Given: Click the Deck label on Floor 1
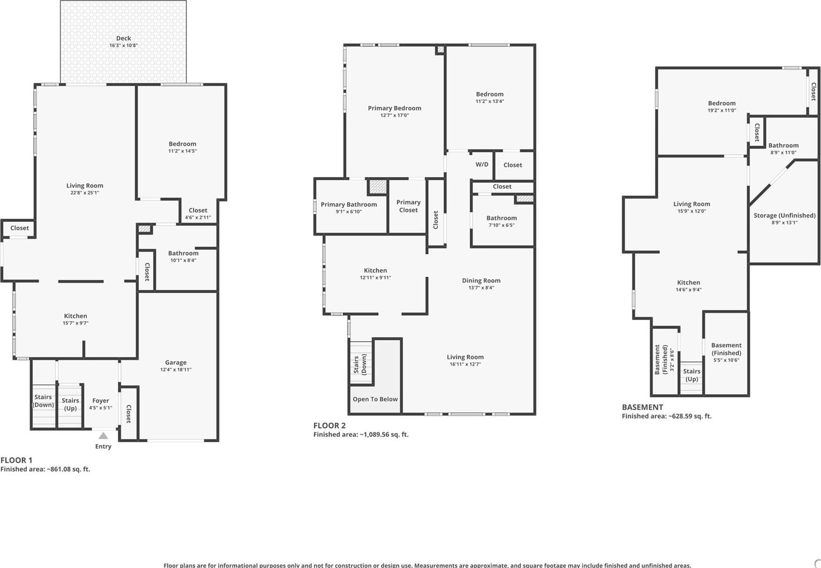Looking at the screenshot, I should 124,39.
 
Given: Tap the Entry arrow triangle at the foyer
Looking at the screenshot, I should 103,436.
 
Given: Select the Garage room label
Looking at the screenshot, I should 176,362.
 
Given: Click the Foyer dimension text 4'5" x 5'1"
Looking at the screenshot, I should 101,408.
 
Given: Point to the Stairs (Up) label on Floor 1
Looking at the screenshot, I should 70,404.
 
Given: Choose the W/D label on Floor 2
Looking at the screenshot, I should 482,164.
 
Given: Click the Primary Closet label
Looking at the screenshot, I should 408,206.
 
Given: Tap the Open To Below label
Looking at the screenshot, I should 375,399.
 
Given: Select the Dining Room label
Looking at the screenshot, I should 481,280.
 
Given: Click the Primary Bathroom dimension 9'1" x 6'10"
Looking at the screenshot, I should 349,212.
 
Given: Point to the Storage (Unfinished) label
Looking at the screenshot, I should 784,215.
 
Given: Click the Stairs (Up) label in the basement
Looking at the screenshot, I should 691,375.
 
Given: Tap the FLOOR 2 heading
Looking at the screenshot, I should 329,426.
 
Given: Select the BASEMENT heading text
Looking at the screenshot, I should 642,407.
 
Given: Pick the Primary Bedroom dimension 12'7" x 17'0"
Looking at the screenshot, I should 395,115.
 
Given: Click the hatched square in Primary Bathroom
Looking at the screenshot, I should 378,187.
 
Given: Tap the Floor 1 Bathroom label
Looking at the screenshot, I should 183,253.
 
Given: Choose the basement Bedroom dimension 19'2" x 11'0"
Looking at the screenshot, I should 721,110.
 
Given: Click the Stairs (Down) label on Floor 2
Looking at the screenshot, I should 360,365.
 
